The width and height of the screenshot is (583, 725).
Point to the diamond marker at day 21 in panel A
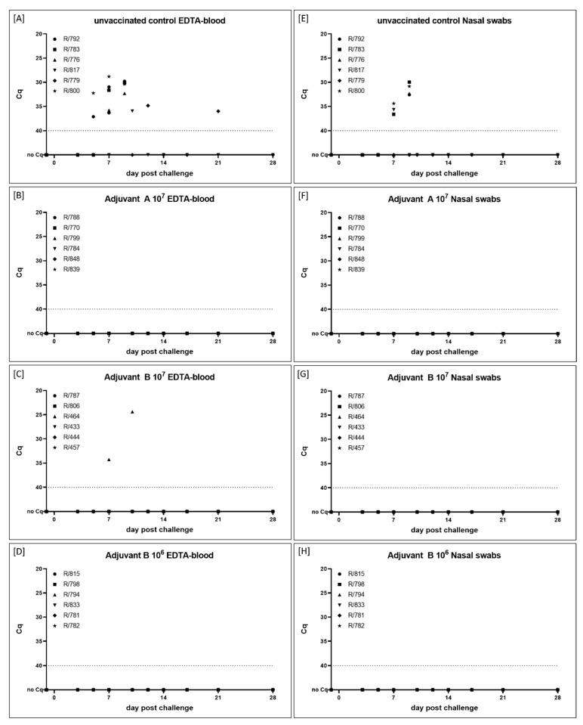click(x=218, y=111)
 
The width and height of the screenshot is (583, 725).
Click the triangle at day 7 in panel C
click(x=109, y=460)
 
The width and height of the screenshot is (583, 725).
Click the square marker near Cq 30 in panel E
click(x=409, y=82)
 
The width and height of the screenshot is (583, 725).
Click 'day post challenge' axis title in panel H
click(x=445, y=708)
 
